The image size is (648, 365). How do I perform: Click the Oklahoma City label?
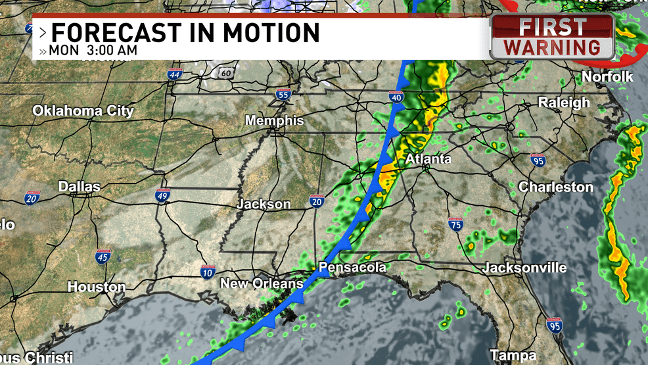pos(83,110)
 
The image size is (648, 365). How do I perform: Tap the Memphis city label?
pos(275,121)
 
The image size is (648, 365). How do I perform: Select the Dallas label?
pos(79,187)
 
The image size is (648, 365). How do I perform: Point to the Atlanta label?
pos(428,159)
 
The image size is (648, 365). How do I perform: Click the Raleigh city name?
pos(564,103)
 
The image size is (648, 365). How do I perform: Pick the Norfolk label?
pos(607,77)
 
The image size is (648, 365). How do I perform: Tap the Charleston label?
pos(556,187)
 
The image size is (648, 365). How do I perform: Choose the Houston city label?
pos(97,287)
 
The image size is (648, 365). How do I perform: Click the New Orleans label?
pos(262,284)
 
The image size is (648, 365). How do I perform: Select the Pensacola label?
pos(352,268)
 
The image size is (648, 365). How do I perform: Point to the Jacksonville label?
pos(524,268)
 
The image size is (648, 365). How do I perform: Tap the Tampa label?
pos(513,356)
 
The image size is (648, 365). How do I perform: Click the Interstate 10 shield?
pos(207,272)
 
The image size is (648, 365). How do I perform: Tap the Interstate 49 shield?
pos(164,195)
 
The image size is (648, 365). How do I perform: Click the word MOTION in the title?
pos(271,32)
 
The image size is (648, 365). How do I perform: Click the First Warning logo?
pos(552,37)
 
